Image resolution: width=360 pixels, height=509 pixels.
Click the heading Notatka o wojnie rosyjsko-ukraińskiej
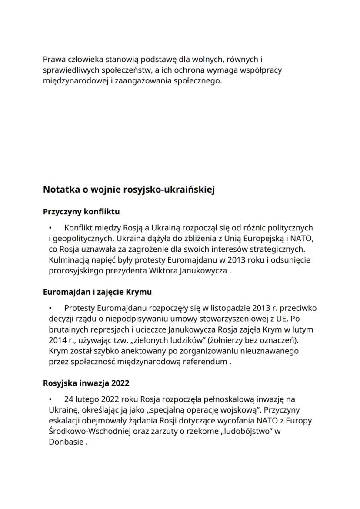129,190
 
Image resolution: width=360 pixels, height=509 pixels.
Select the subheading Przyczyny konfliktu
81,212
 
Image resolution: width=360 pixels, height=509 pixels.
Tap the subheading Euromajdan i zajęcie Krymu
97,292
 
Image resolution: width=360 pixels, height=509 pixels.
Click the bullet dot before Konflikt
51,228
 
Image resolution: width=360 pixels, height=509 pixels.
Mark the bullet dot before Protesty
51,308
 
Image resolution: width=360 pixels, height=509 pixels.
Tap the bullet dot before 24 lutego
51,399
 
